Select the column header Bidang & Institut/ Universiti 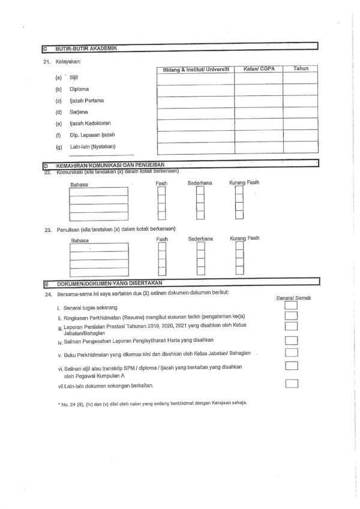195,70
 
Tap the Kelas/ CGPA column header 258,70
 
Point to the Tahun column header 301,69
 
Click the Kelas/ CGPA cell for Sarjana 258,113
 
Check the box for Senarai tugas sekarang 292,305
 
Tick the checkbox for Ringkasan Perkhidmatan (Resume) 292,315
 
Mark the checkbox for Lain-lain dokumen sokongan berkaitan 292,384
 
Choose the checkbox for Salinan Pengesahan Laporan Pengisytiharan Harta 292,341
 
